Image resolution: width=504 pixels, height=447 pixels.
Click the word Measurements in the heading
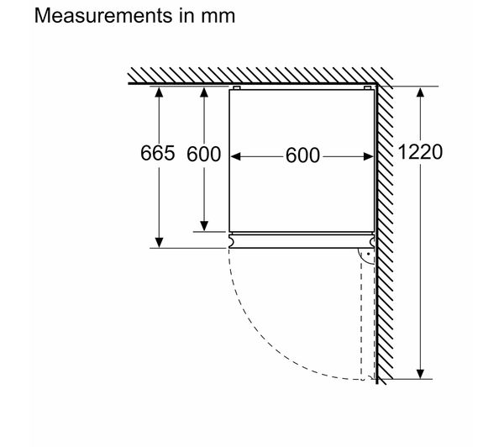[x=103, y=15]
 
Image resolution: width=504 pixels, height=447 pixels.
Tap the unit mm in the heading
[x=218, y=18]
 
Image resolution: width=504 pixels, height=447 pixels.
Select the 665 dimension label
[x=158, y=153]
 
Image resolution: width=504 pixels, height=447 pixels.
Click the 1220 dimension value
[x=420, y=152]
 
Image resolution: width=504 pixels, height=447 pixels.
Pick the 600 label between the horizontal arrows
[x=302, y=155]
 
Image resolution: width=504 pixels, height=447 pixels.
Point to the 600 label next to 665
[x=204, y=154]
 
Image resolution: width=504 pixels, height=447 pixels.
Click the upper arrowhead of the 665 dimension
[x=159, y=92]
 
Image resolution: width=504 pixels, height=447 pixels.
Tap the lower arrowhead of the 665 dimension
[x=159, y=243]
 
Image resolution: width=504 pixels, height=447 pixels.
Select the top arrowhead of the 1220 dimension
[x=420, y=92]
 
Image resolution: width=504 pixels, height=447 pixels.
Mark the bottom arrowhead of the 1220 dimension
[x=420, y=374]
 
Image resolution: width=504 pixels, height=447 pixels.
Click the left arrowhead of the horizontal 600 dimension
[x=236, y=156]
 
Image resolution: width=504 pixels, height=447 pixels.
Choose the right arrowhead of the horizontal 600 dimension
[x=368, y=156]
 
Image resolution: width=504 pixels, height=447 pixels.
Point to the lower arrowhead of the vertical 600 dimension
[x=204, y=226]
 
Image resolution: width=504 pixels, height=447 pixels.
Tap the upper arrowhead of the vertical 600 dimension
[x=204, y=92]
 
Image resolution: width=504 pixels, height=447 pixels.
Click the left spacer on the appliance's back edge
[x=237, y=87]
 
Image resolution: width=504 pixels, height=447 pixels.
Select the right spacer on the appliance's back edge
[x=367, y=87]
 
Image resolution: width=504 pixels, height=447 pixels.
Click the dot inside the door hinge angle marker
[x=369, y=254]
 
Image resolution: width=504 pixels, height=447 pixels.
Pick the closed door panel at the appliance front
[x=302, y=241]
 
